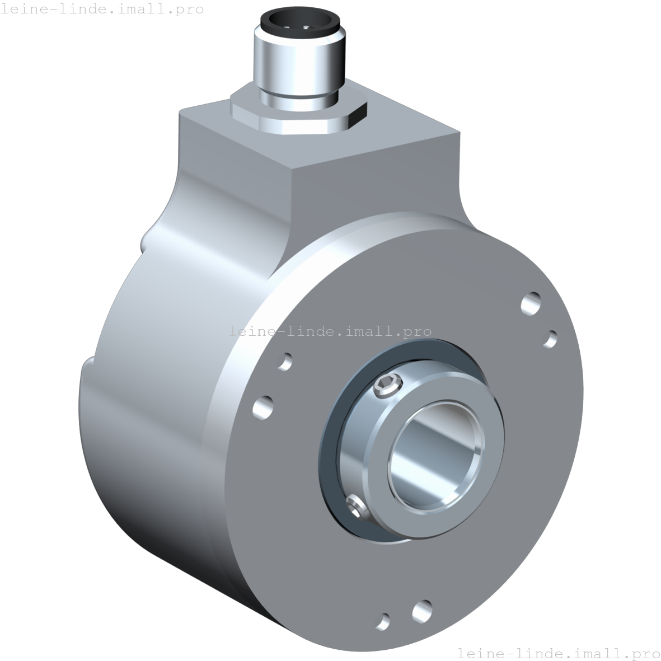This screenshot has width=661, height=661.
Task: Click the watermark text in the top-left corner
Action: point(102,9)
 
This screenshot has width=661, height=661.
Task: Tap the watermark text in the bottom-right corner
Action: point(558,653)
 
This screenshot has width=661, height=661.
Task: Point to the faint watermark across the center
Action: point(330,331)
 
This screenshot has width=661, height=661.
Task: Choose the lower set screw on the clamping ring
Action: point(356,507)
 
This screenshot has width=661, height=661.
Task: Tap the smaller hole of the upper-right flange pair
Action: point(551,339)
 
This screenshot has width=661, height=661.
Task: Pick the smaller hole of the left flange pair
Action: point(285,361)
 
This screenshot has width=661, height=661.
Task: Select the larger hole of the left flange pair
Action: point(264,407)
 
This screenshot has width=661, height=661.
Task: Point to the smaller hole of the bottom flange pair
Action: point(384,621)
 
